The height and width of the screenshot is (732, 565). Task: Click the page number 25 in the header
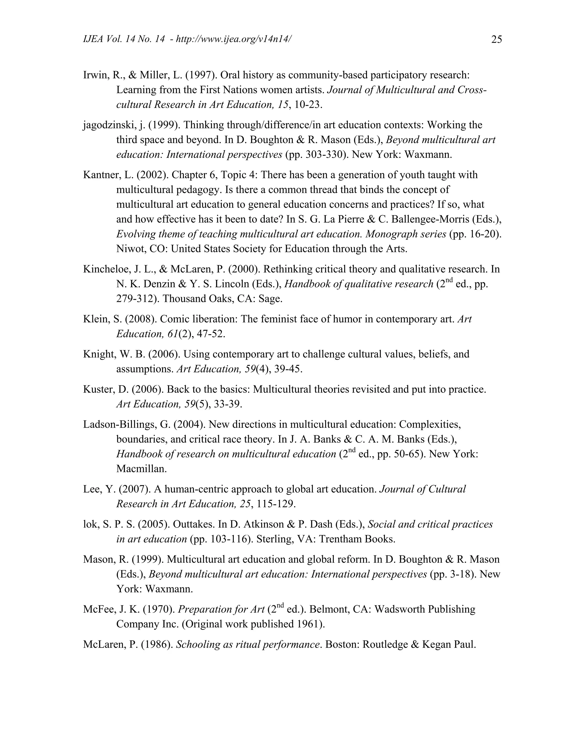click(x=496, y=40)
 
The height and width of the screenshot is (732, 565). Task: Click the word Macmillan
click(x=141, y=469)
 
